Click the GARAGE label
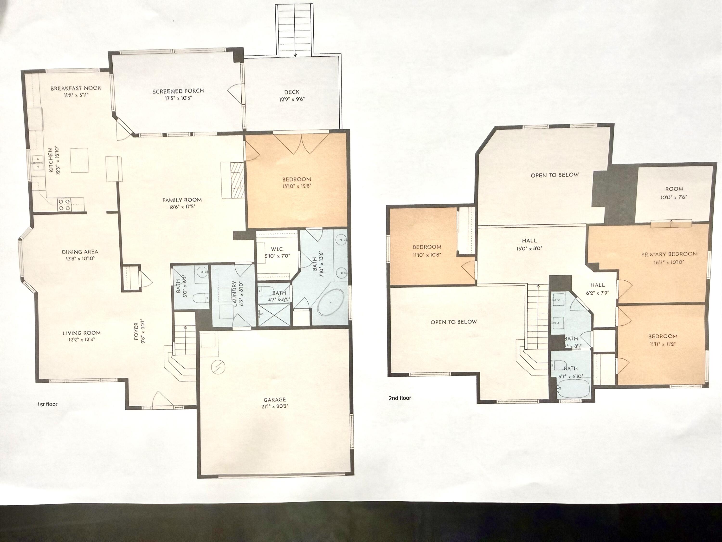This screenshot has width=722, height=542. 275,399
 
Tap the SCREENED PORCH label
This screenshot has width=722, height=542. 178,91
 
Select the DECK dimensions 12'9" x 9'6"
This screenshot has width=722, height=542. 291,99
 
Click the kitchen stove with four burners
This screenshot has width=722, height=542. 64,204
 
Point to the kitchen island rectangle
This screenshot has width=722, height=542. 79,160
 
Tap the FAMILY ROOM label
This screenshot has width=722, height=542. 182,200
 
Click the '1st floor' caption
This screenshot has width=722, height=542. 47,404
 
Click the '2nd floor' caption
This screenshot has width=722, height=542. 400,398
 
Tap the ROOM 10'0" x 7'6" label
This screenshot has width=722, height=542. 674,189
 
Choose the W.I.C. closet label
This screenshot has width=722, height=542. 277,249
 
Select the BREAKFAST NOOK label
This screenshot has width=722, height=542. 76,88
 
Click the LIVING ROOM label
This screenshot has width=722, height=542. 82,333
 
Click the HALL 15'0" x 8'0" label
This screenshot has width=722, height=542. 529,240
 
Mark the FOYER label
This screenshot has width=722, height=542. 136,331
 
